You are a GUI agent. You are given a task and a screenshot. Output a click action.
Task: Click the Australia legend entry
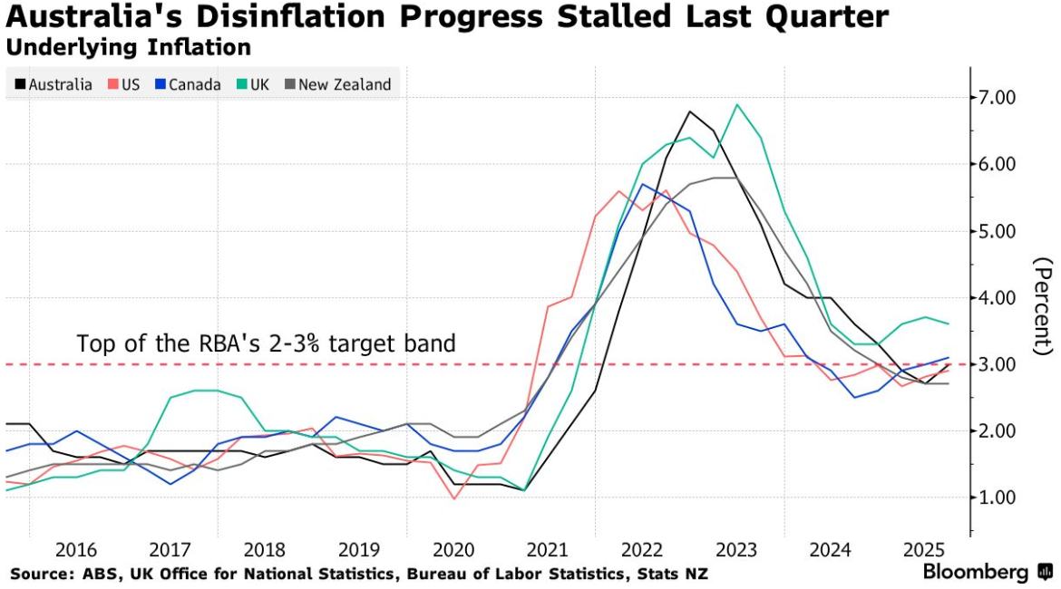coord(54,85)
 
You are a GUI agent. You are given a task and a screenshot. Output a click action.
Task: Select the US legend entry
coord(125,85)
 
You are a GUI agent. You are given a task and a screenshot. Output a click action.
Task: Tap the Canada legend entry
coord(188,85)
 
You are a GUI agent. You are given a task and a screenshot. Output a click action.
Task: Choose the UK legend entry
coord(253,85)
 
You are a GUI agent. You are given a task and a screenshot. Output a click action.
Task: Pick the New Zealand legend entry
coord(337,85)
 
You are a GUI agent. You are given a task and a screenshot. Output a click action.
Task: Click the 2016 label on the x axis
coord(76,550)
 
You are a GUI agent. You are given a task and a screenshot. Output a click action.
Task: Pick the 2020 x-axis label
coord(453,550)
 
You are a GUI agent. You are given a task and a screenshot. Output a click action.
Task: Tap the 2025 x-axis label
coord(924,550)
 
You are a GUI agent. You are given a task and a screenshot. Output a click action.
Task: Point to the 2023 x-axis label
coord(735,550)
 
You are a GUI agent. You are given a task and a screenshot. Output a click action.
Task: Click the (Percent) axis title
coord(1043,306)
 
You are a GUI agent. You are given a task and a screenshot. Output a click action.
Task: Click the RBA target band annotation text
coord(266,344)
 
